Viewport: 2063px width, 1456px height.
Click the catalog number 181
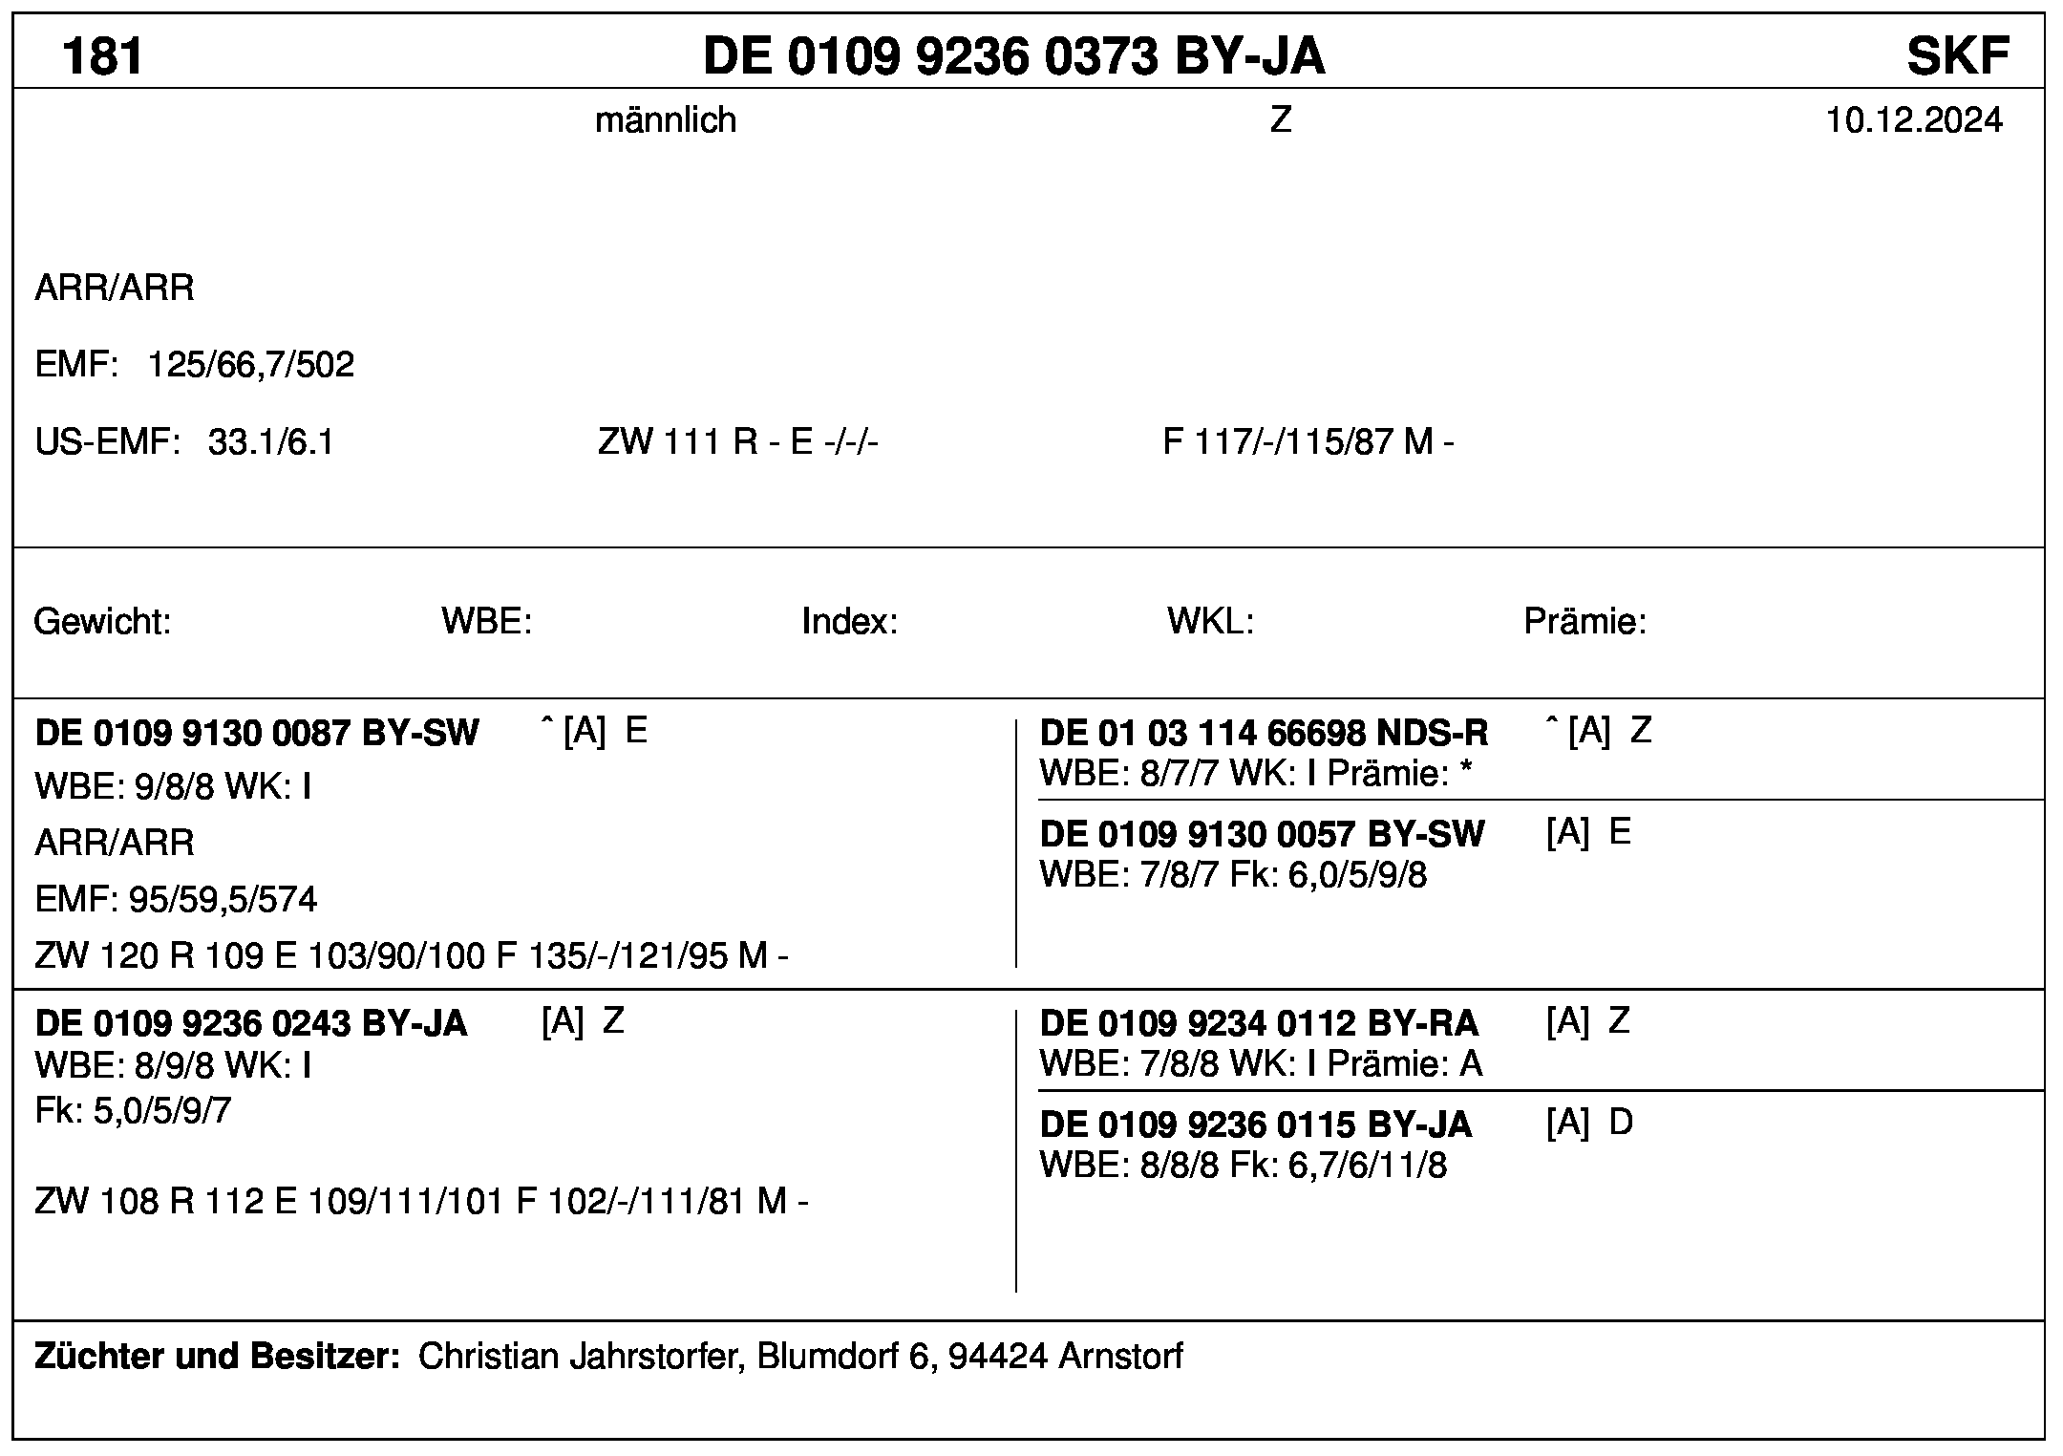tap(102, 55)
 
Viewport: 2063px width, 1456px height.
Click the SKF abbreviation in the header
tap(1958, 55)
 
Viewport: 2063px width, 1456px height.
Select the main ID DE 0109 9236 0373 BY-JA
tap(1013, 55)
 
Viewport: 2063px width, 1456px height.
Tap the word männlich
tap(666, 120)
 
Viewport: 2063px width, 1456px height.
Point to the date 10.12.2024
tap(1914, 120)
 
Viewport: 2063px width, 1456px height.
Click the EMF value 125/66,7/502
tap(250, 365)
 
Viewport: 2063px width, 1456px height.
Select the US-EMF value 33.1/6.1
tap(271, 442)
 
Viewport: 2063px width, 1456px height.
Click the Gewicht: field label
tap(102, 622)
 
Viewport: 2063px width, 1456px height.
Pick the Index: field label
tap(849, 622)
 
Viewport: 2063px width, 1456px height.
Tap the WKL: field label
tap(1209, 622)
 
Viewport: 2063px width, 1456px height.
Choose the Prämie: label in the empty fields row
tap(1584, 622)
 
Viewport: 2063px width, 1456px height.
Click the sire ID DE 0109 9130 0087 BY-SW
tap(257, 734)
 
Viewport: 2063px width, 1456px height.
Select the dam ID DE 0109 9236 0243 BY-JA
tap(251, 1024)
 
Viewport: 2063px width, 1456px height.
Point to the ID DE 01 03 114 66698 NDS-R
tap(1264, 734)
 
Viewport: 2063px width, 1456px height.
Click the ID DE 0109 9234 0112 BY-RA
tap(1259, 1024)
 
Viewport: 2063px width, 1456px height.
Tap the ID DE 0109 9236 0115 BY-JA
tap(1255, 1125)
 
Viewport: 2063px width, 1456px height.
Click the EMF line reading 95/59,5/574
tap(176, 900)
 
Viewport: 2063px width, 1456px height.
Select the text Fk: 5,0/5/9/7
tap(133, 1111)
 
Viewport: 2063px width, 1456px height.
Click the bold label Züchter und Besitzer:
tap(217, 1356)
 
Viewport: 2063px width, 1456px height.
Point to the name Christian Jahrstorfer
tap(581, 1356)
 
